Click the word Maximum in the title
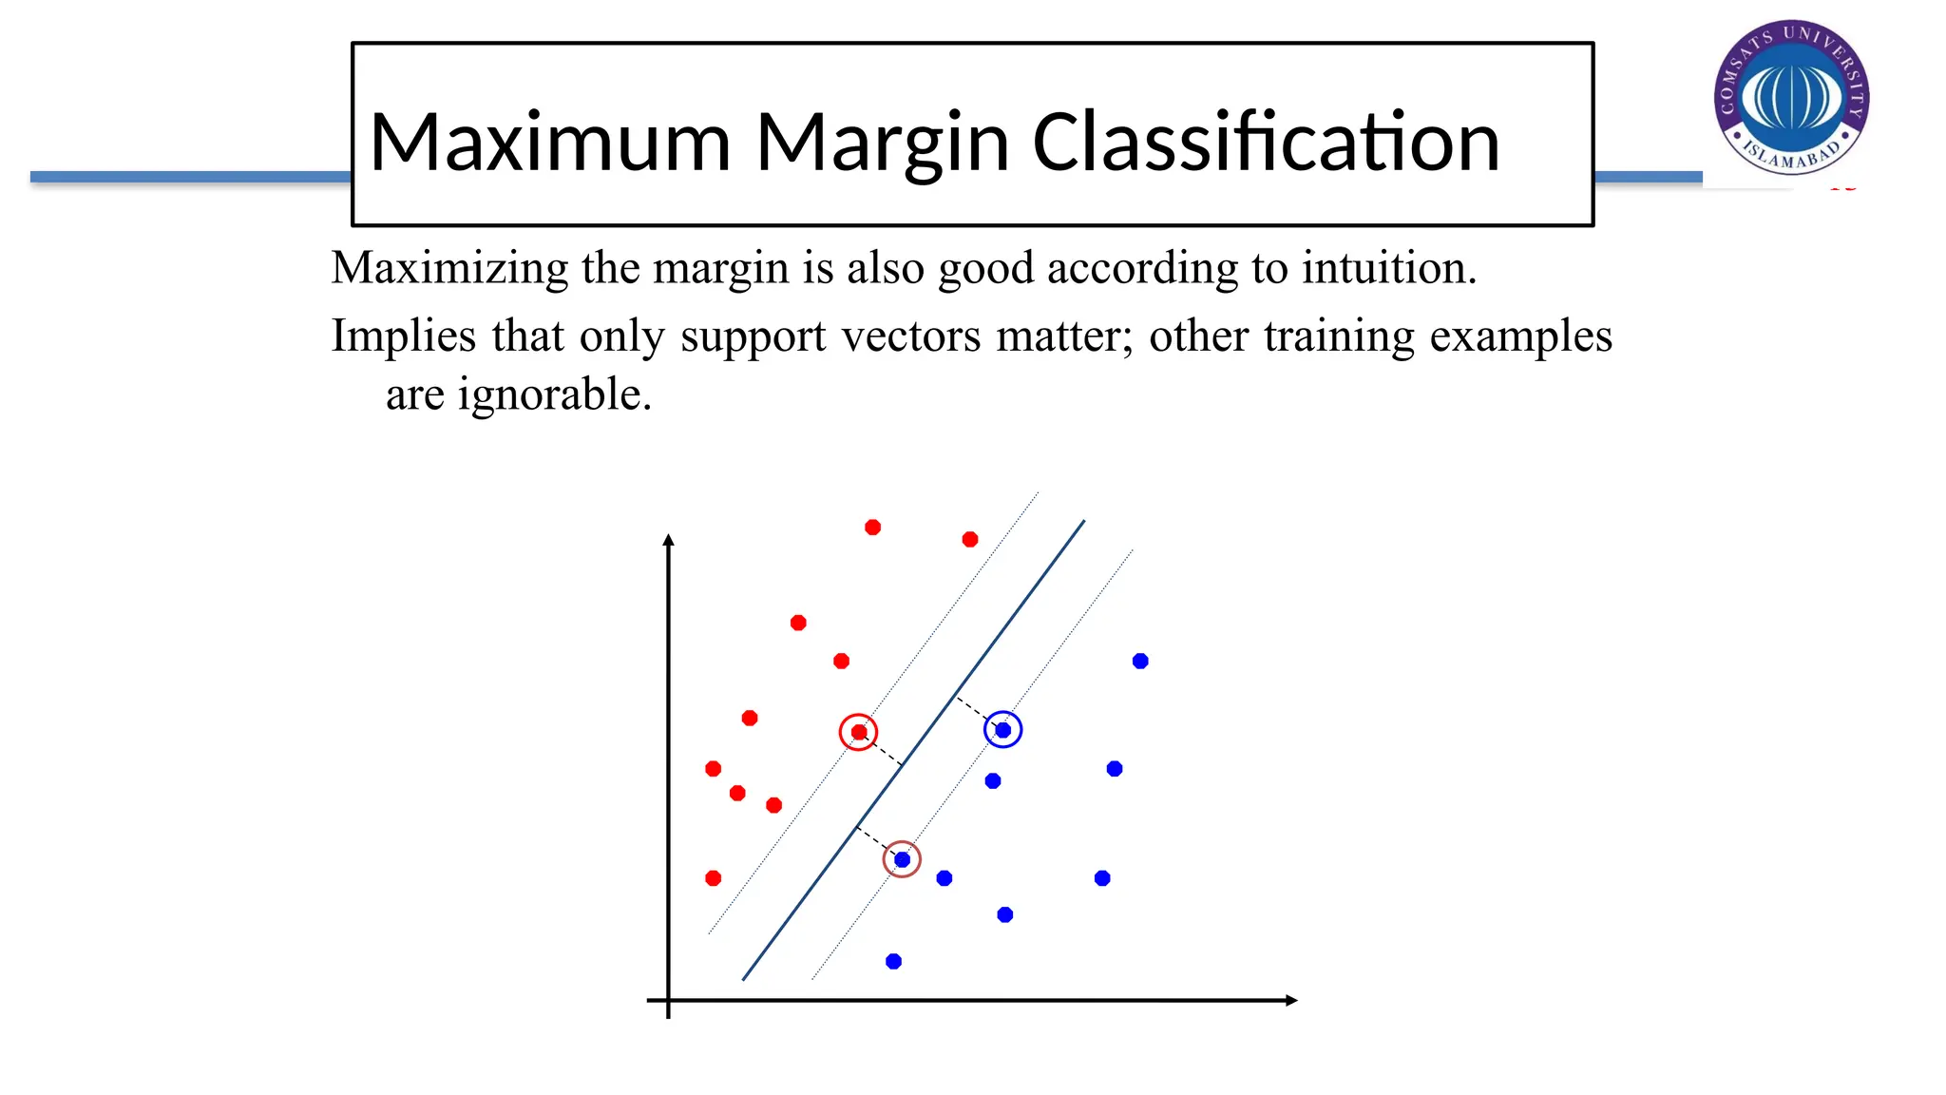click(549, 143)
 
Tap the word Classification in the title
click(1266, 143)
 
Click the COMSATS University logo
click(1791, 97)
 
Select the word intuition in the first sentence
click(1388, 268)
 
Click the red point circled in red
click(859, 732)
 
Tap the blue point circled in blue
click(1002, 730)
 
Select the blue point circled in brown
click(902, 859)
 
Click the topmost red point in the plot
click(872, 527)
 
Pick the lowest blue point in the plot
click(893, 961)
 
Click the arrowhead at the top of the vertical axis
click(668, 540)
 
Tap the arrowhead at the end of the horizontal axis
click(1291, 1000)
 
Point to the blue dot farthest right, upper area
click(1140, 661)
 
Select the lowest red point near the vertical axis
click(713, 878)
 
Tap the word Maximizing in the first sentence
click(448, 268)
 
